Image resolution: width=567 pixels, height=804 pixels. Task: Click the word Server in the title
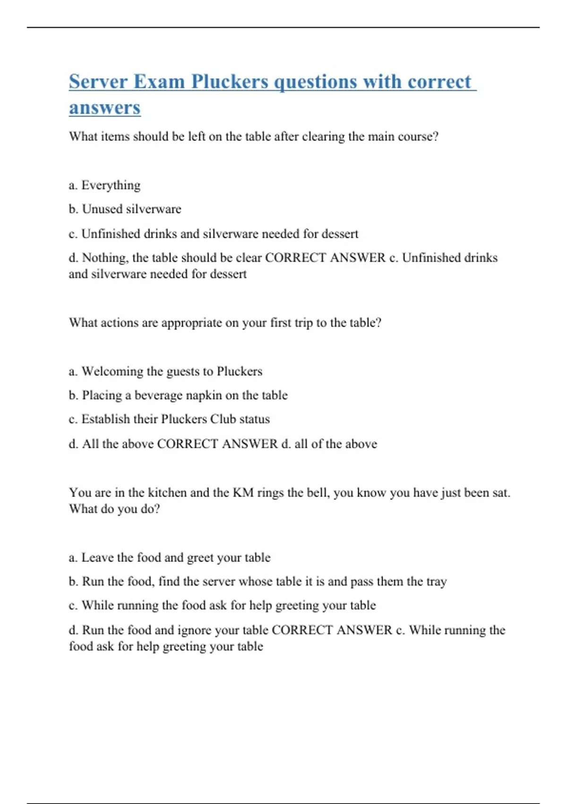(x=98, y=81)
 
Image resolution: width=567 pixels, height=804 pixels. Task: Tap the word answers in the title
(x=104, y=107)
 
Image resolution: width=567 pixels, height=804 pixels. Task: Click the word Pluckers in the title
(x=230, y=81)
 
